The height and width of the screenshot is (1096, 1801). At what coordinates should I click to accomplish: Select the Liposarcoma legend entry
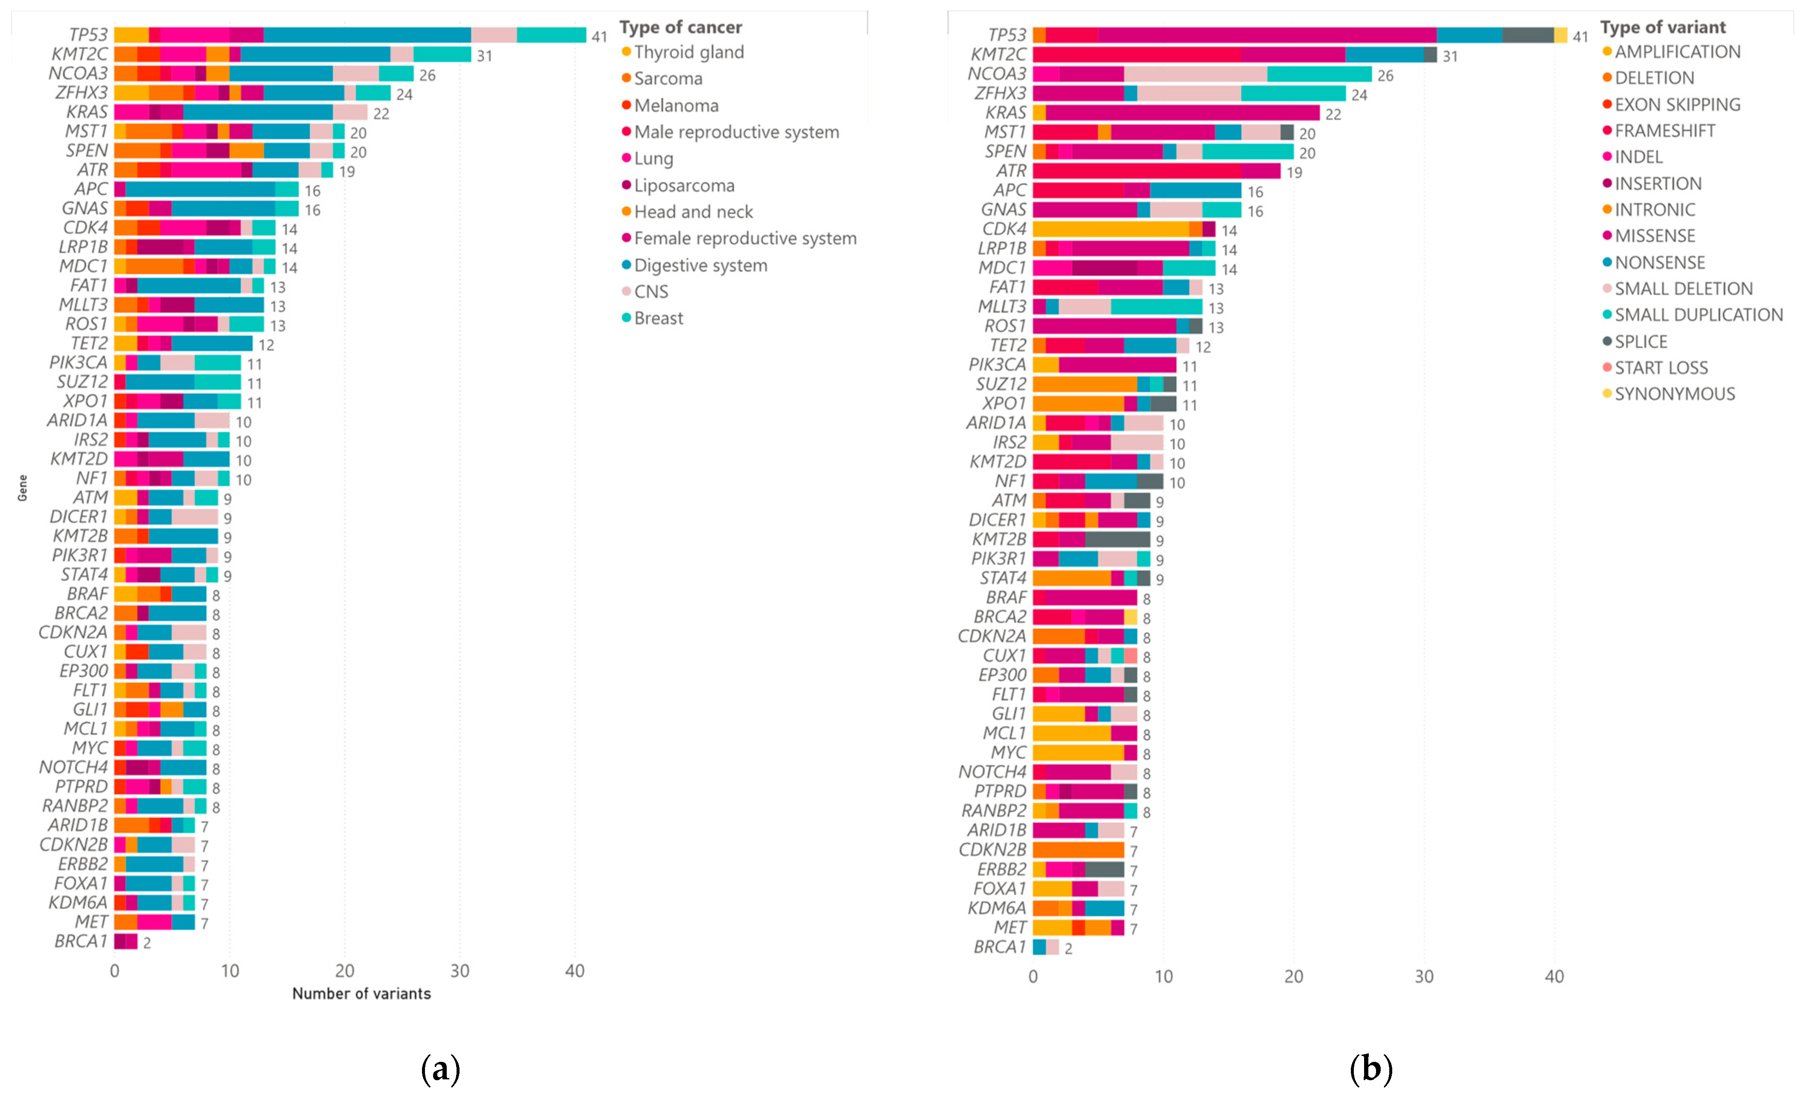point(684,186)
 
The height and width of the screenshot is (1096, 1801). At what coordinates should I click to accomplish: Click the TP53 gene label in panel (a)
point(88,35)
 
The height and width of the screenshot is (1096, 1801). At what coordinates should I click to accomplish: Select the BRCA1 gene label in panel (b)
point(999,947)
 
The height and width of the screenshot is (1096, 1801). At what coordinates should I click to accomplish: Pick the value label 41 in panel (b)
point(1580,37)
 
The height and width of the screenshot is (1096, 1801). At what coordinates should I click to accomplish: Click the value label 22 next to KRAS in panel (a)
point(381,114)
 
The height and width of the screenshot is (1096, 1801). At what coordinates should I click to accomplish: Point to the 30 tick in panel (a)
point(460,971)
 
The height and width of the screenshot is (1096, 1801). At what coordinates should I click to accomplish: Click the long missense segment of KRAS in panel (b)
point(1182,113)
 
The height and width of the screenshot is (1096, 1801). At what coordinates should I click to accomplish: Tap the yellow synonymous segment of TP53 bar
point(1560,35)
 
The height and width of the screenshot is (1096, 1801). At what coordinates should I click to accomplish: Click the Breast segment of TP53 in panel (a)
point(551,35)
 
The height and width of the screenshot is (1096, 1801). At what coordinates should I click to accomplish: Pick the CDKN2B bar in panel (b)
point(1078,850)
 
